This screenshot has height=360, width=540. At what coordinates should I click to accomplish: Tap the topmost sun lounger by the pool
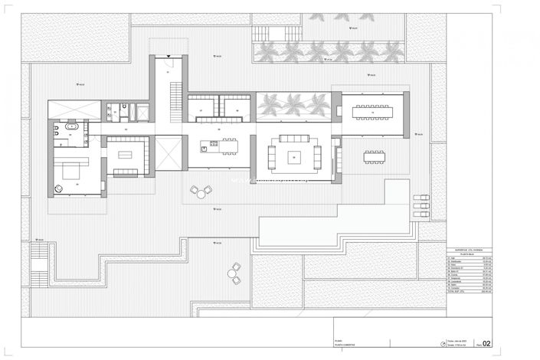pyautogui.click(x=421, y=198)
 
